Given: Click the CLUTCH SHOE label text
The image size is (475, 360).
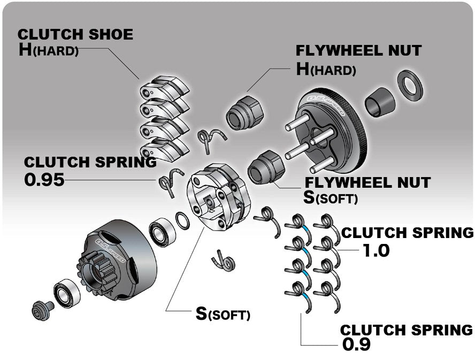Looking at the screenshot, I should click(x=75, y=34).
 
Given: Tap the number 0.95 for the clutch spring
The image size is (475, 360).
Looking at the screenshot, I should click(x=44, y=180).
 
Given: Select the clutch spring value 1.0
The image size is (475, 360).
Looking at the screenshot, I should click(x=376, y=250).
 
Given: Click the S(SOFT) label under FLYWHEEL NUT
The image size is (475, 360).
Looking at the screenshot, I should click(x=331, y=197).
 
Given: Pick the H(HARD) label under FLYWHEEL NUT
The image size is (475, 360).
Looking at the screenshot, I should click(x=326, y=70).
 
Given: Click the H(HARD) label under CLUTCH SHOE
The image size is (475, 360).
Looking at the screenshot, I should click(x=48, y=51).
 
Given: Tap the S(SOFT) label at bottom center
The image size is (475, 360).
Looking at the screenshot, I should click(x=223, y=314).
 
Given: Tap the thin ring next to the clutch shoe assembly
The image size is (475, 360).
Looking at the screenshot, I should click(x=182, y=220).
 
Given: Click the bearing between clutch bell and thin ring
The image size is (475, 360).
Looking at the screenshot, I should click(x=161, y=231).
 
